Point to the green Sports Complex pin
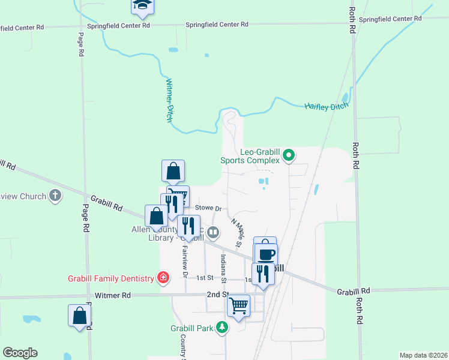pos(289,156)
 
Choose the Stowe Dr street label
pos(209,208)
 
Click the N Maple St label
pos(237,233)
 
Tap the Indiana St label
pos(223,268)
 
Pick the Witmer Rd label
pos(113,295)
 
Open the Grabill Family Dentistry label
pos(110,278)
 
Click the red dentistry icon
pos(162,277)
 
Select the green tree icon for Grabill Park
pos(223,327)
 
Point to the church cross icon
pos(55,196)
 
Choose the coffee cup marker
pos(266,253)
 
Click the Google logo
pos(20,353)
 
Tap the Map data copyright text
pos(423,355)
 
